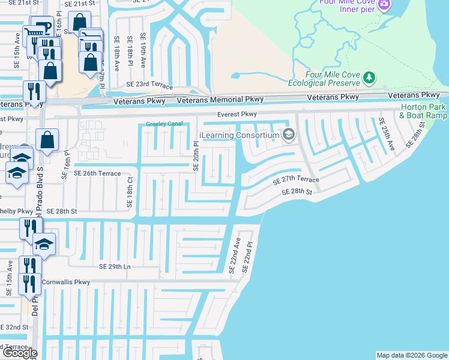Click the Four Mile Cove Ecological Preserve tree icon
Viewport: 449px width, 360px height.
pyautogui.click(x=369, y=77)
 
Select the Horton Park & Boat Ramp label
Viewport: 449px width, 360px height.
pyautogui.click(x=423, y=111)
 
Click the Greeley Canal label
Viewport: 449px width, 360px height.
pyautogui.click(x=164, y=125)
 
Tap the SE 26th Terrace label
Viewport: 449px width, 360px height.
pyautogui.click(x=97, y=173)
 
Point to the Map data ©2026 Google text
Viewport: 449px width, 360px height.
pyautogui.click(x=412, y=355)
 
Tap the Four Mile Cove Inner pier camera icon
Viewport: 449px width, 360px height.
pyautogui.click(x=384, y=5)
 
